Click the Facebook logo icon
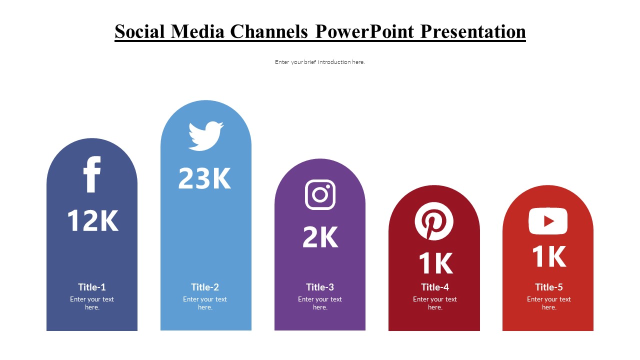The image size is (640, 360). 92,174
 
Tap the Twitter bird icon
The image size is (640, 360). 205,135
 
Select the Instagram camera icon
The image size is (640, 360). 320,194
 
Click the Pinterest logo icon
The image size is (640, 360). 434,221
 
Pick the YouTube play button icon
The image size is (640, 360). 548,221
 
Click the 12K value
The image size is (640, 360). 92,220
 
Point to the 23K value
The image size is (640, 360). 205,178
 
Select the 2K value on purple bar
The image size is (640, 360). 320,237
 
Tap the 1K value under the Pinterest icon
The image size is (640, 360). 435,263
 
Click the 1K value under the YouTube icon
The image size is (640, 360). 548,257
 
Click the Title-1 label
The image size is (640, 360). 92,287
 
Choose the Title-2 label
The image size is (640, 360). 205,287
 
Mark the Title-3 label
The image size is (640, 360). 320,287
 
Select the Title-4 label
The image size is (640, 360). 435,287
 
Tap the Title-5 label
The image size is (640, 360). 548,287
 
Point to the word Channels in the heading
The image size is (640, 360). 269,31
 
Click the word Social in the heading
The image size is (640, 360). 140,31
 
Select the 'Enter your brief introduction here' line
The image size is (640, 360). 320,62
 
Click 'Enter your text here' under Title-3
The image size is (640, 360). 320,303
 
